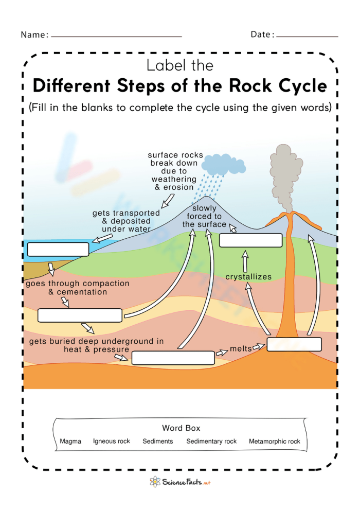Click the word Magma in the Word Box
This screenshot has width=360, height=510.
(70, 441)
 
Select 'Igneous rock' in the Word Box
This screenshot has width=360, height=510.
(112, 441)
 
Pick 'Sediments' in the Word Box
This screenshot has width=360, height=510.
(158, 441)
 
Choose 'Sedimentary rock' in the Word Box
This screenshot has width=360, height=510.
(211, 441)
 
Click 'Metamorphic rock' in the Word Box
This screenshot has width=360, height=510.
(275, 441)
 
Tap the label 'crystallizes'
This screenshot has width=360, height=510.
(248, 277)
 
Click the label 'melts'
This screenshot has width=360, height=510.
(241, 349)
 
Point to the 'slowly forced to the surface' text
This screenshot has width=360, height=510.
(204, 217)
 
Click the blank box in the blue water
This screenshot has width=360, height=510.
(58, 249)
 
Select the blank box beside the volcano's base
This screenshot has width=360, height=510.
(294, 344)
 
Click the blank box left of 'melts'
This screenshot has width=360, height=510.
(172, 358)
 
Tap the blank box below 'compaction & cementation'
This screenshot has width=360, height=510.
(80, 315)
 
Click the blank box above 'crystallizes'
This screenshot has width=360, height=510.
(251, 240)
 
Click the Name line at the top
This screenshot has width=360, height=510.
(116, 37)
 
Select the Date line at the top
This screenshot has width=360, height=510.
(307, 37)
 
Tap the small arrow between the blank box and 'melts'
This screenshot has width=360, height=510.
(222, 353)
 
